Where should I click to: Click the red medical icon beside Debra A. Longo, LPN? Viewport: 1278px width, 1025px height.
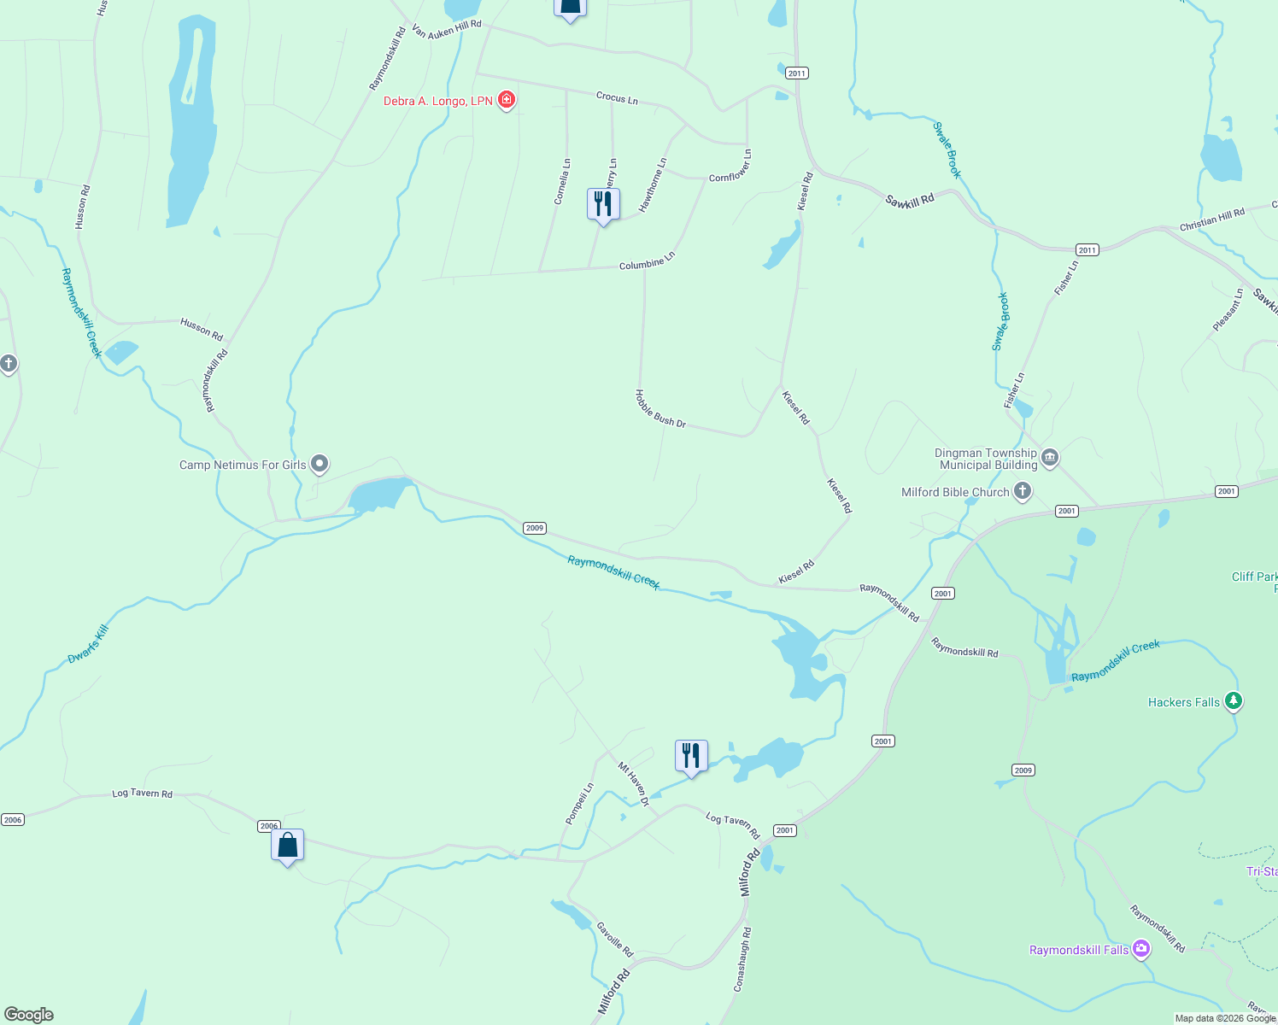click(x=507, y=100)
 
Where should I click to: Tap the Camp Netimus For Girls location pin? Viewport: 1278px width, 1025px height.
click(x=319, y=464)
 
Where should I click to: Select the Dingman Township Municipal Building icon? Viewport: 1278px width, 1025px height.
click(x=1051, y=458)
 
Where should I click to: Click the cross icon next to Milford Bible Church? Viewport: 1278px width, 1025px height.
click(x=1023, y=491)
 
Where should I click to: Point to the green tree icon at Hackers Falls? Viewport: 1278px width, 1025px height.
click(x=1233, y=701)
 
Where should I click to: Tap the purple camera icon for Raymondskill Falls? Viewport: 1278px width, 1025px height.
click(x=1141, y=949)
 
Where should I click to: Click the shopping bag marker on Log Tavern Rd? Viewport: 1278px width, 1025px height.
click(x=288, y=846)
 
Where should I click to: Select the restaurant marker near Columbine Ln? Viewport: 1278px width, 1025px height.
click(x=603, y=205)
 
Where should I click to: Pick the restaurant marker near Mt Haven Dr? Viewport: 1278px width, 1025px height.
click(x=691, y=757)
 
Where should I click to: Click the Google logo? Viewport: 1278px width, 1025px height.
click(x=28, y=1014)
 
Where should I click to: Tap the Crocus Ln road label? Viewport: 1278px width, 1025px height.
click(x=617, y=98)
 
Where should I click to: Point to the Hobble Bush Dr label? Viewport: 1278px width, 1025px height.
click(x=660, y=408)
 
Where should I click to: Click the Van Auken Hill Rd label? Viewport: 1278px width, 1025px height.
click(x=447, y=29)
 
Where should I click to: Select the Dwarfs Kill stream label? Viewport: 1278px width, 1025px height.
click(x=89, y=644)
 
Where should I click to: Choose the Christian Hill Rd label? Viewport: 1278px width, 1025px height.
click(x=1211, y=220)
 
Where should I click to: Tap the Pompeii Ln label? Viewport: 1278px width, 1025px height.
click(x=579, y=804)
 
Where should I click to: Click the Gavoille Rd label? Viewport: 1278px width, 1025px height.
click(x=615, y=940)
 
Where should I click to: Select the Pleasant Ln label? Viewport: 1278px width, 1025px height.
click(x=1228, y=310)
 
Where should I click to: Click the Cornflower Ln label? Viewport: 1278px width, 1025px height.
click(x=730, y=166)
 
